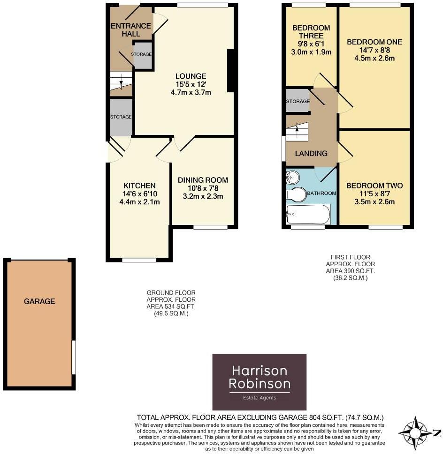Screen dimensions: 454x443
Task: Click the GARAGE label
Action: click(x=39, y=301)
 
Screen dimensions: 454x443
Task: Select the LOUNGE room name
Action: click(x=191, y=76)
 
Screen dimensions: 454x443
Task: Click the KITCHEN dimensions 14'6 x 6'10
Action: click(x=140, y=194)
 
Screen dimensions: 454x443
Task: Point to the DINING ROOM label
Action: click(x=203, y=180)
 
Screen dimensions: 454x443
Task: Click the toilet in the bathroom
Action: click(x=296, y=194)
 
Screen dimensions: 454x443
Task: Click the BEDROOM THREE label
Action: click(x=311, y=32)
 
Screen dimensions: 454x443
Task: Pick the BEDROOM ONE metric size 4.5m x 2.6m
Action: click(x=374, y=59)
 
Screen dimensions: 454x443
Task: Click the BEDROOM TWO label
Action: click(x=374, y=186)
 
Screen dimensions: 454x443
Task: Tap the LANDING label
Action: click(x=311, y=153)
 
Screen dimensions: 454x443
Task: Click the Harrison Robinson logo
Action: click(x=260, y=382)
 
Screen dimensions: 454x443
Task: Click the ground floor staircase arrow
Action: click(x=121, y=83)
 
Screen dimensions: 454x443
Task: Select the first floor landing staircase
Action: click(x=297, y=131)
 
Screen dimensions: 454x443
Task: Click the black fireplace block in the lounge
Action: click(x=231, y=71)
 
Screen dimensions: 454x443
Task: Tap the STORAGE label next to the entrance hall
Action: click(x=142, y=54)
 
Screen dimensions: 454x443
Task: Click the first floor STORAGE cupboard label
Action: click(x=298, y=101)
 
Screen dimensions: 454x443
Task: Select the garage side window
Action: click(x=73, y=357)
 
